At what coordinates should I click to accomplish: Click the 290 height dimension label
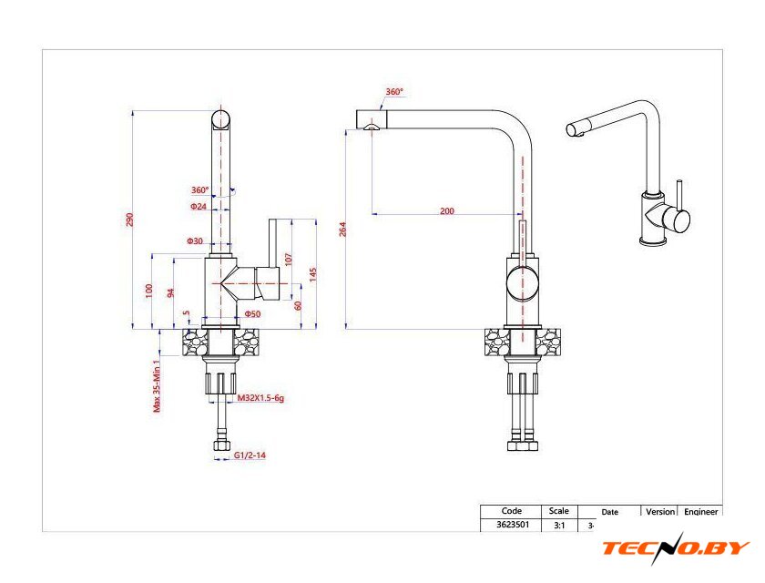(129, 220)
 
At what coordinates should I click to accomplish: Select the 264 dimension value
(342, 229)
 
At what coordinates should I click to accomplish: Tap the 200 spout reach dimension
(446, 210)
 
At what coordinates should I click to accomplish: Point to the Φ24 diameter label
(199, 207)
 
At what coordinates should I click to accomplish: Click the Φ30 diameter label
(195, 241)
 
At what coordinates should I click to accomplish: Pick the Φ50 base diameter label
(252, 314)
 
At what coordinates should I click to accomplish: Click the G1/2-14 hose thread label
(250, 455)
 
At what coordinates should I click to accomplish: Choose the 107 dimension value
(289, 258)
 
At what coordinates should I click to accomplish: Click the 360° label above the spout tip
(393, 92)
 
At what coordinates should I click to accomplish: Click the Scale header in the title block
(559, 511)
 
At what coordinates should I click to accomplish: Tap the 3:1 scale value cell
(557, 526)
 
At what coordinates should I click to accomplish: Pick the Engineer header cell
(701, 512)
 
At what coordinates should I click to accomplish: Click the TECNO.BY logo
(675, 548)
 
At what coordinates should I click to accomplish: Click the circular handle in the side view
(522, 282)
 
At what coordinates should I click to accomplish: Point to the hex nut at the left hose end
(220, 445)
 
